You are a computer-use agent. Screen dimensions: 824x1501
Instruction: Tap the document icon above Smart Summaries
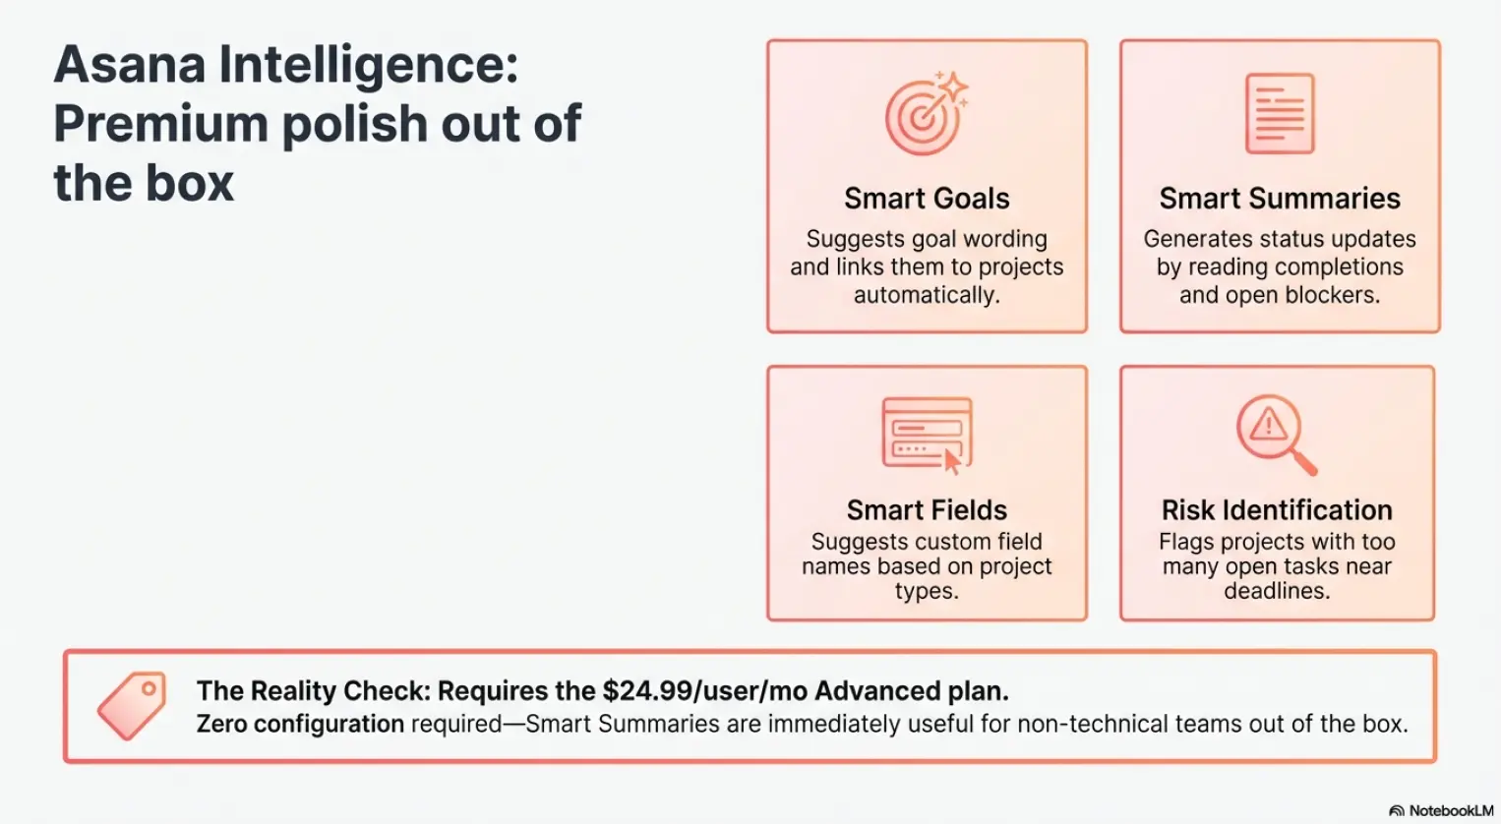point(1279,113)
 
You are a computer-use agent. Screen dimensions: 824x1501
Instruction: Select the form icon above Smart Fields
point(927,434)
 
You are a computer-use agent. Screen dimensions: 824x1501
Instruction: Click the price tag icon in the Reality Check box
point(132,705)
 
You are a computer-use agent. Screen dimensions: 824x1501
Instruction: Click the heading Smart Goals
point(927,199)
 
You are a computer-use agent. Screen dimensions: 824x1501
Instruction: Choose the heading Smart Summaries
point(1279,199)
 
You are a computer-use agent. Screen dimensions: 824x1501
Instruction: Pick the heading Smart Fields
point(927,510)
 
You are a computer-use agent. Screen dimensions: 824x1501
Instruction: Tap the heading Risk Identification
point(1277,510)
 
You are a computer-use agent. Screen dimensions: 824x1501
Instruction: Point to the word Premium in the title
point(160,125)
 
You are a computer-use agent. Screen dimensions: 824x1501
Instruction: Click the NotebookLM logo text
point(1450,811)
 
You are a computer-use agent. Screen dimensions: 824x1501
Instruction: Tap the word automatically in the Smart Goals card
point(926,295)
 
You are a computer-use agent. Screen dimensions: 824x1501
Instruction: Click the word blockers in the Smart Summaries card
point(1334,295)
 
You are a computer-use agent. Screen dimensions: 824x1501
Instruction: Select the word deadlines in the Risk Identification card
point(1276,591)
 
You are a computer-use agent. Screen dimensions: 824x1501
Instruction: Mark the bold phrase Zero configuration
point(300,725)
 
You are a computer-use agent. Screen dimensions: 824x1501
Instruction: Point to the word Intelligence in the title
point(368,66)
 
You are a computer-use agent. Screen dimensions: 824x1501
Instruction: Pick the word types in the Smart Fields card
point(926,591)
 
